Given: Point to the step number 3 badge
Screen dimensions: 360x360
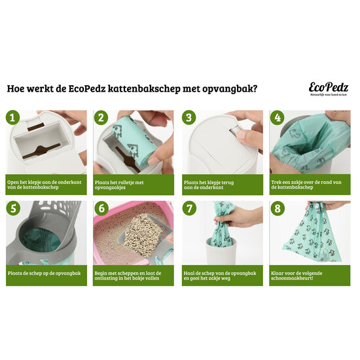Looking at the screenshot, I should (x=190, y=118).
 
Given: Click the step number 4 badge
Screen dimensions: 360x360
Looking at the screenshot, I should (x=278, y=118).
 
